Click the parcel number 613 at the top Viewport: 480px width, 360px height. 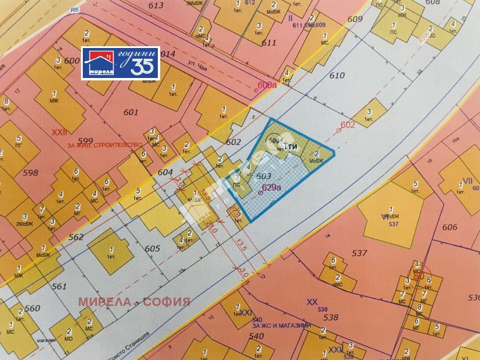point(155,5)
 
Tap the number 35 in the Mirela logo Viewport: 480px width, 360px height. point(142,65)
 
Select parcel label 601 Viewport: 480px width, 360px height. point(130,112)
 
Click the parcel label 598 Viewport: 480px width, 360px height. point(30,173)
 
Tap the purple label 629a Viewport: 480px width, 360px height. point(272,188)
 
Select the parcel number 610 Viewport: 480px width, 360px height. point(337,76)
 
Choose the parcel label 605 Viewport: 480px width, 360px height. point(152,248)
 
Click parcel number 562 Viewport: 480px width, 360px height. point(76,238)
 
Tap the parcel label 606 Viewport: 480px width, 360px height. point(450,227)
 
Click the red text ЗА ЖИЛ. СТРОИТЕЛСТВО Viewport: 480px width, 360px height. point(104,145)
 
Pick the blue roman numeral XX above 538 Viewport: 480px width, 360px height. point(311,302)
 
